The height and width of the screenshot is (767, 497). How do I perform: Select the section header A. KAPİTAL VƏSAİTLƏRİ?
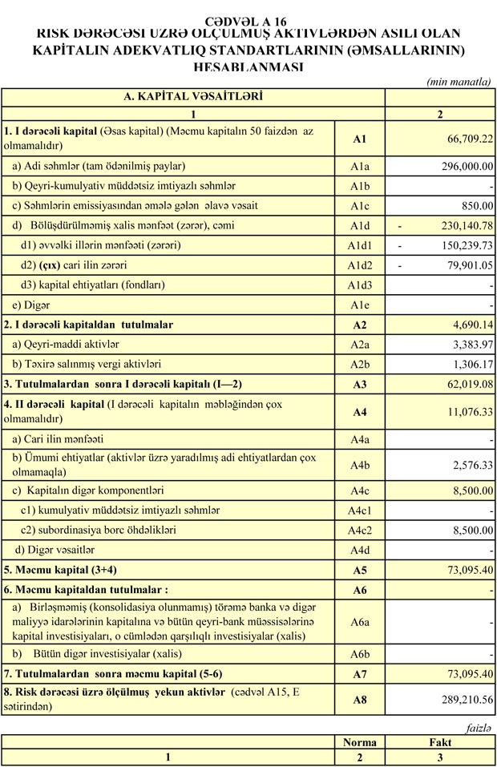pyautogui.click(x=193, y=96)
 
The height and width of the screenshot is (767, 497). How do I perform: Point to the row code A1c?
pyautogui.click(x=359, y=206)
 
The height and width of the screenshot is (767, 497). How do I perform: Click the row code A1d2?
pyautogui.click(x=359, y=264)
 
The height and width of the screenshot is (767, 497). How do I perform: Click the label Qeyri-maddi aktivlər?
pyautogui.click(x=65, y=344)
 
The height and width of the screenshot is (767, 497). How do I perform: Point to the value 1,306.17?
pyautogui.click(x=467, y=364)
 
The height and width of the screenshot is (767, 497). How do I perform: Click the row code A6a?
pyautogui.click(x=359, y=620)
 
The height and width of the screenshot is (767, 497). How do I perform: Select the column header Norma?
pyautogui.click(x=359, y=742)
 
